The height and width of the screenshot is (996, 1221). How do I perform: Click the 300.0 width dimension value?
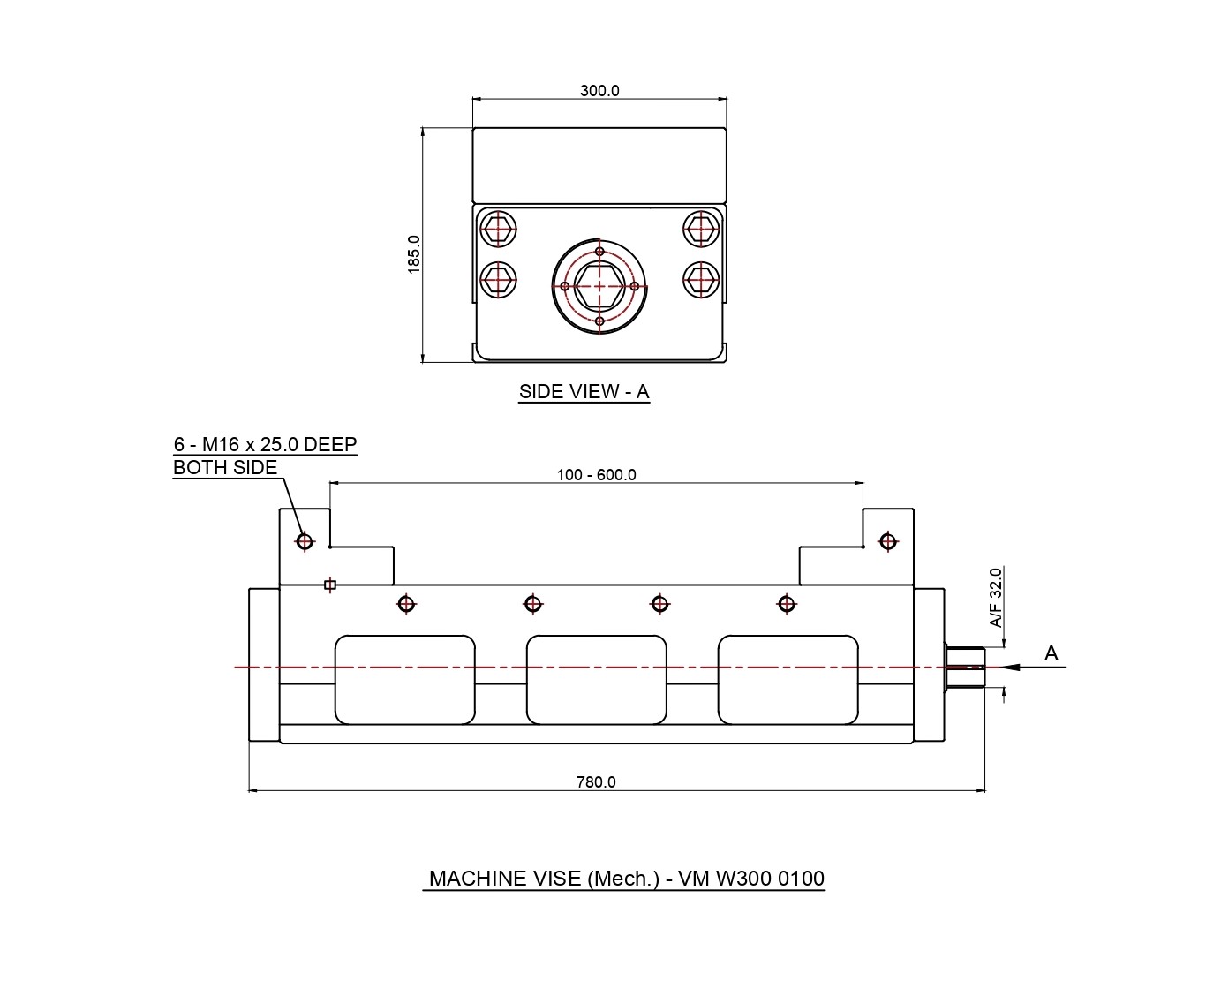tap(599, 90)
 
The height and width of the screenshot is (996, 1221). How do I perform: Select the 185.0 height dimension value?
tap(414, 254)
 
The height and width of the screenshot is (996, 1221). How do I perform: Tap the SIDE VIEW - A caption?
tap(584, 392)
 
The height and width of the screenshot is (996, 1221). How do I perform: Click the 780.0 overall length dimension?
tap(596, 781)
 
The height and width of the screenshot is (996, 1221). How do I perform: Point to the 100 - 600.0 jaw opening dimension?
tap(596, 474)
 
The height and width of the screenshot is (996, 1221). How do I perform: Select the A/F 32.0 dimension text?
tap(996, 598)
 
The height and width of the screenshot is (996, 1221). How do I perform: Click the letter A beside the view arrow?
tap(1051, 653)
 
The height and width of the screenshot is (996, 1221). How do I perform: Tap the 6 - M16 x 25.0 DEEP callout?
tap(265, 444)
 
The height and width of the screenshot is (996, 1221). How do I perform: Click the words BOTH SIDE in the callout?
tap(225, 468)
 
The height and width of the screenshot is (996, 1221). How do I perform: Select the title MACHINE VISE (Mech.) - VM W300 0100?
tap(626, 879)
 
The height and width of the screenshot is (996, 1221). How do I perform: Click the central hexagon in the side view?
tap(599, 286)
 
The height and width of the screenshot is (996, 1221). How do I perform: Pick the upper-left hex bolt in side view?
tap(500, 228)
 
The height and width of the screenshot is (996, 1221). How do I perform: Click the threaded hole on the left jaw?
tap(305, 540)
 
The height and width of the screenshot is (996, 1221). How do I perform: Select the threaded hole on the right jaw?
tap(887, 541)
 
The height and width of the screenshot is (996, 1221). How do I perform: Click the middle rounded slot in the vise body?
tap(596, 679)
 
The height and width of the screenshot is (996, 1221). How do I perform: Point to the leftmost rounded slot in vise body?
tap(404, 679)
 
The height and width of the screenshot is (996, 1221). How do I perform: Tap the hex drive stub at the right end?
tap(964, 667)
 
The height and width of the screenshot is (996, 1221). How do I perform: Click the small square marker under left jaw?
tap(329, 585)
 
